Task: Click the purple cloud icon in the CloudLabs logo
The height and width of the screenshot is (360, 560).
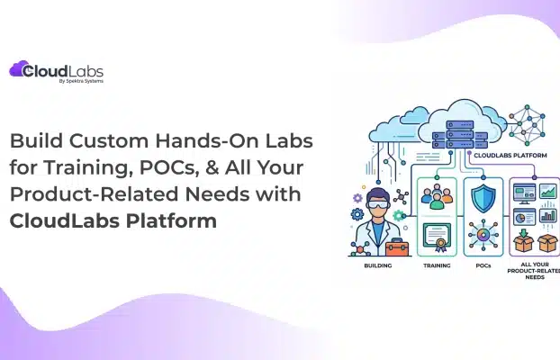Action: tap(20, 69)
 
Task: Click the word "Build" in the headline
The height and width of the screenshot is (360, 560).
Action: tap(37, 143)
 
